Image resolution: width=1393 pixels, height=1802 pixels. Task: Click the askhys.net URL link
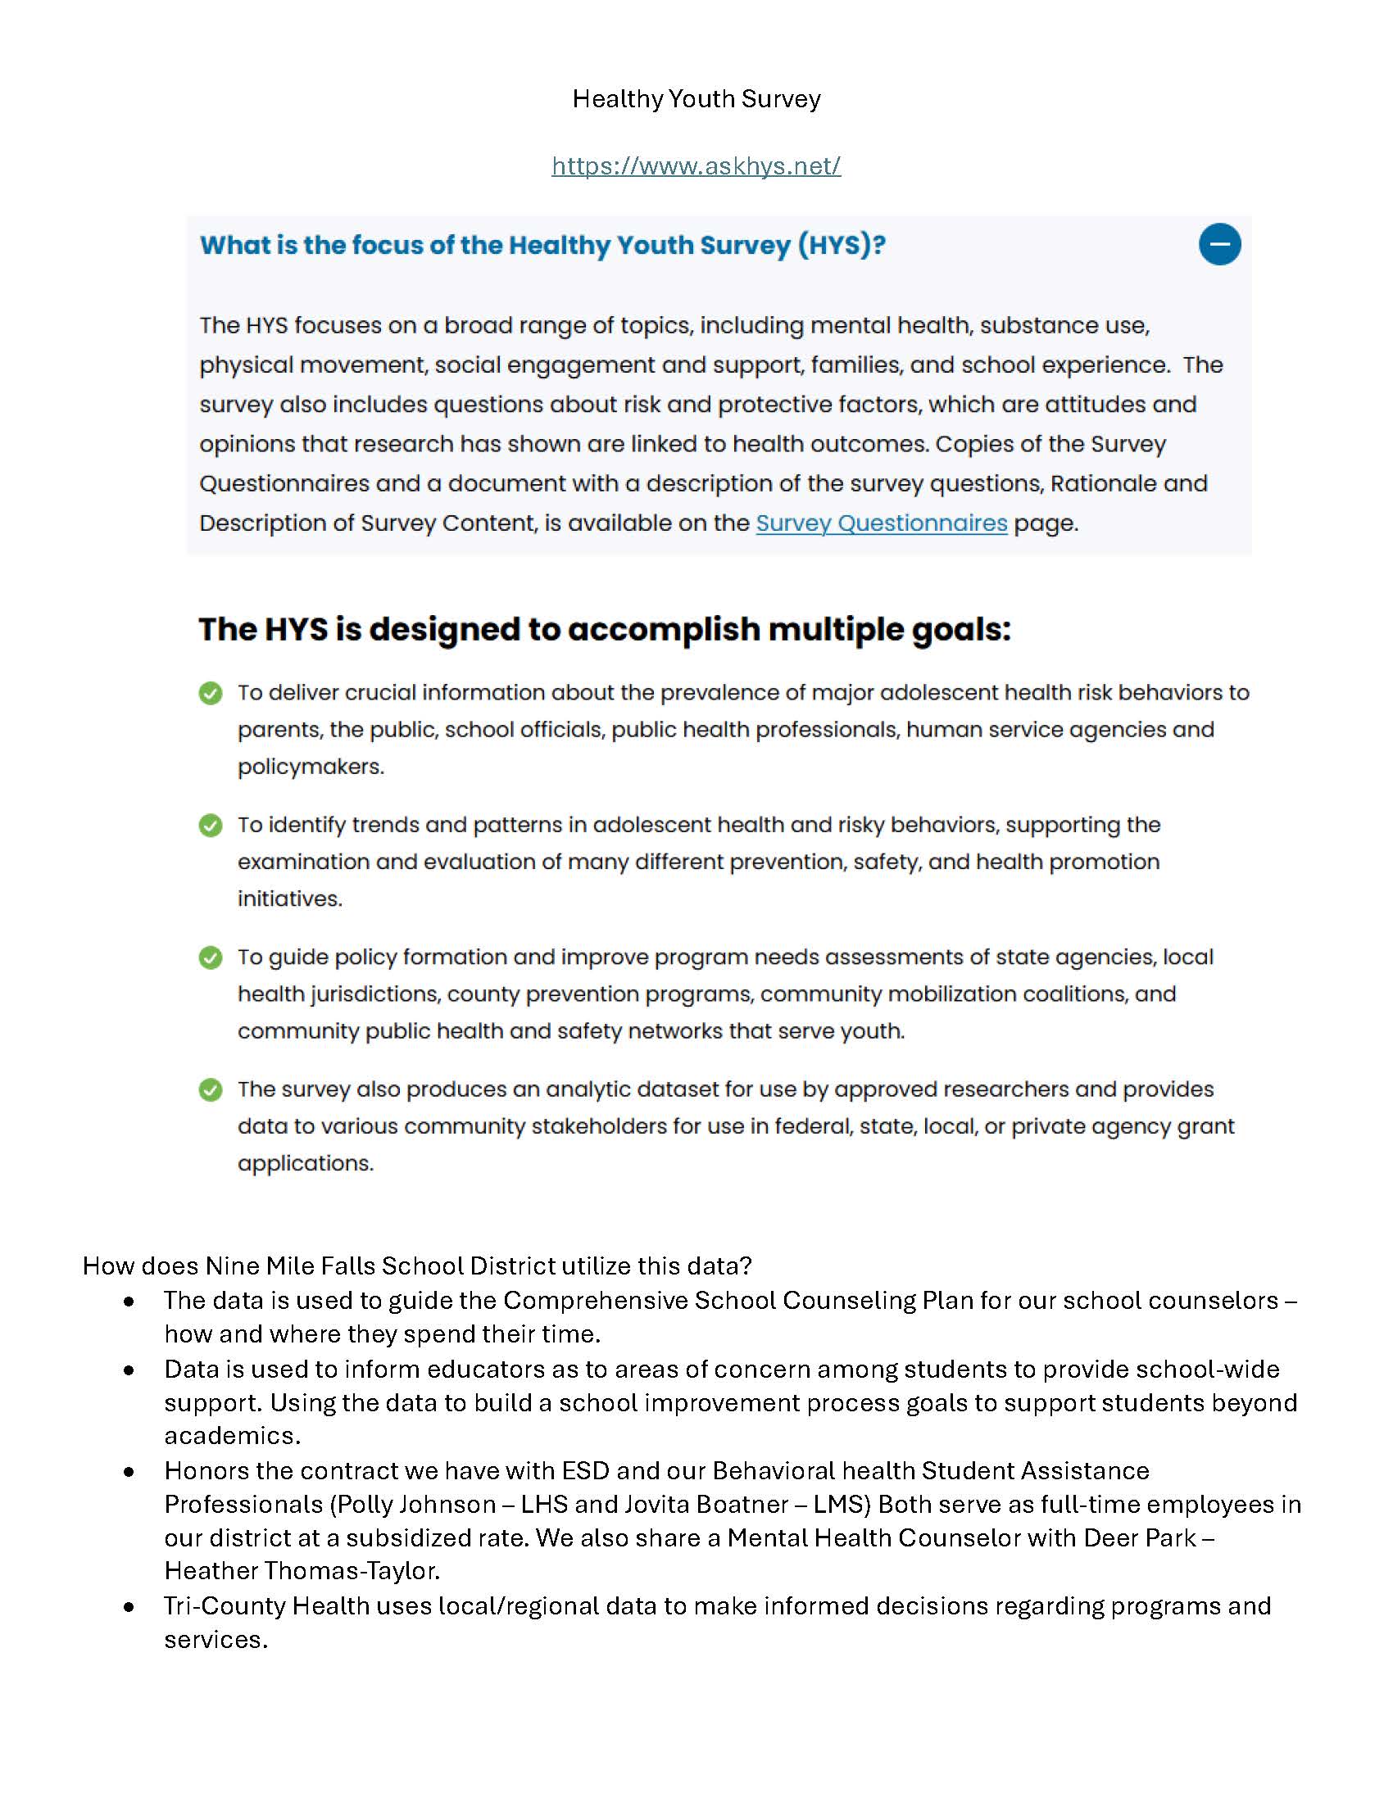pos(696,165)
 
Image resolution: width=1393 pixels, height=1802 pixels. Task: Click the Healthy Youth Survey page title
pos(696,99)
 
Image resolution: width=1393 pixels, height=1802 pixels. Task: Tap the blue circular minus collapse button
pos(1219,244)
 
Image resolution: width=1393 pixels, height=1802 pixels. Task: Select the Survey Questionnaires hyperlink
pos(881,523)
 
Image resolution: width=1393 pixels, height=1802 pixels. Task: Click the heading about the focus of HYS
pos(542,245)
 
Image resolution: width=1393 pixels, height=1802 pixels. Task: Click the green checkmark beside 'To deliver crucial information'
pos(211,693)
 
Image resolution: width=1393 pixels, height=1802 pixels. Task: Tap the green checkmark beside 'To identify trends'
pos(211,825)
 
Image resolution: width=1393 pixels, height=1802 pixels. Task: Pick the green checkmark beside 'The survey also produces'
pos(211,1090)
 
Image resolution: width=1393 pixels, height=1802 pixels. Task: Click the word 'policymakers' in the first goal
pos(310,767)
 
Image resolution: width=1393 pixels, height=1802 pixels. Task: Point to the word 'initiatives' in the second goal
pos(288,899)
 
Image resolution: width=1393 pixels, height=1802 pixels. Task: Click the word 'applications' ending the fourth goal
pos(305,1163)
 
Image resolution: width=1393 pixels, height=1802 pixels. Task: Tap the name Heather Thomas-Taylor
pos(301,1570)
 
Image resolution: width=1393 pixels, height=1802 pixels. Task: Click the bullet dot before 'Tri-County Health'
pos(129,1606)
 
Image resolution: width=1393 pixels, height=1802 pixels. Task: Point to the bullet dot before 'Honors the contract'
pos(129,1471)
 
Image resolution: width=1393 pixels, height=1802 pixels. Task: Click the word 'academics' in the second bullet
pos(231,1436)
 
